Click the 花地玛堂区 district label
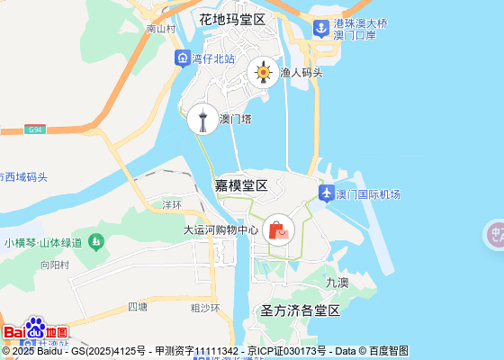pyautogui.click(x=233, y=19)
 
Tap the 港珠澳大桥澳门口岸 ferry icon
pyautogui.click(x=321, y=28)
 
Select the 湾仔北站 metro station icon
pyautogui.click(x=183, y=58)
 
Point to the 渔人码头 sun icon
pyautogui.click(x=264, y=72)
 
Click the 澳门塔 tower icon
pyautogui.click(x=202, y=118)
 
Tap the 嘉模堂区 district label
pyautogui.click(x=241, y=185)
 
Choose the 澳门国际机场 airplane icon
pyautogui.click(x=326, y=193)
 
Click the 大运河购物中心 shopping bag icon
pyautogui.click(x=278, y=229)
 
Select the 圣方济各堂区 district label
pyautogui.click(x=301, y=311)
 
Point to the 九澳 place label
pyautogui.click(x=337, y=282)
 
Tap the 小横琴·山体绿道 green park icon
pyautogui.click(x=96, y=242)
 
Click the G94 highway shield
pyautogui.click(x=35, y=130)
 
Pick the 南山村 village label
pyautogui.click(x=160, y=29)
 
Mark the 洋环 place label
pyautogui.click(x=172, y=204)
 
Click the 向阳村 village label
pyautogui.click(x=55, y=265)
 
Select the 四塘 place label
pyautogui.click(x=138, y=306)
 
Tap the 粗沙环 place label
pyautogui.click(x=205, y=308)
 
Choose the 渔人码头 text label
pyautogui.click(x=301, y=73)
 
